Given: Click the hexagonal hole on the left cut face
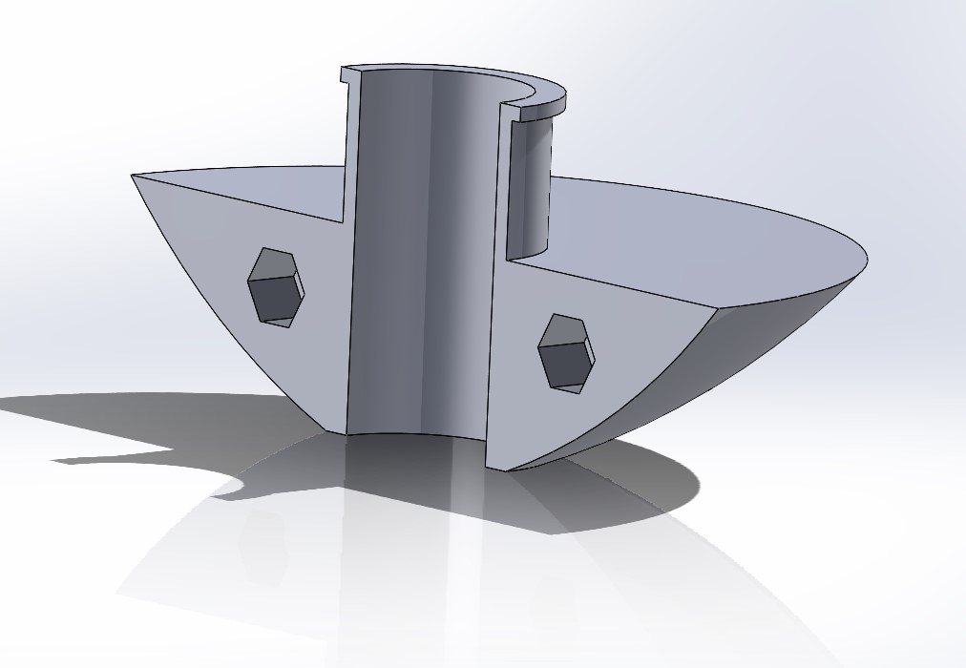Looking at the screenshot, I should (x=276, y=286).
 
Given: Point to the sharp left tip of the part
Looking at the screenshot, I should (x=133, y=176).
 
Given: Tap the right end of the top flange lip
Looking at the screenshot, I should (x=565, y=99).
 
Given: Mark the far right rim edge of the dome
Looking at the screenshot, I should (x=867, y=256).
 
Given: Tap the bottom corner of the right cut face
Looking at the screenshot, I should (x=488, y=468).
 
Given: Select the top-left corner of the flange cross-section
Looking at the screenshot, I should (x=343, y=70).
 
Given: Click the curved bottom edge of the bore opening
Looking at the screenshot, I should (x=415, y=434).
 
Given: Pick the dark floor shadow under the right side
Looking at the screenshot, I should (x=620, y=477).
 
